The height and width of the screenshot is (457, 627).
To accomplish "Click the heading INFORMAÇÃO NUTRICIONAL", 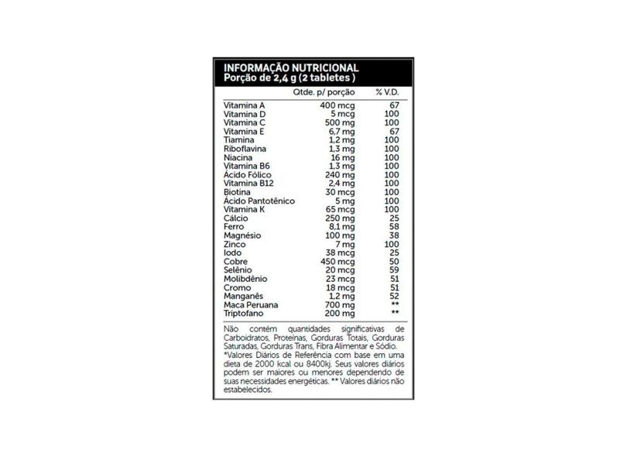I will click(290, 67).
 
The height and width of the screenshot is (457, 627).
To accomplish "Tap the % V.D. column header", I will click(386, 92).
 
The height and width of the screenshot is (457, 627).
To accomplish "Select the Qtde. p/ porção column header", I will click(324, 92).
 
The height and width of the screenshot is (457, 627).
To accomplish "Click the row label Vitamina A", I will click(243, 105).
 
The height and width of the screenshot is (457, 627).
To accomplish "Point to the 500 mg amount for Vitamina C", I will click(340, 122).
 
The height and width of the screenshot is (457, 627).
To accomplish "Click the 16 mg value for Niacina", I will click(343, 157).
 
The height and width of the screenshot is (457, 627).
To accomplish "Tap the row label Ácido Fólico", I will click(247, 175).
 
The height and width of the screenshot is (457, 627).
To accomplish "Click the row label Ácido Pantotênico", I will click(259, 201).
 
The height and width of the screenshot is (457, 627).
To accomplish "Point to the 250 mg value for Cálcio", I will click(340, 218).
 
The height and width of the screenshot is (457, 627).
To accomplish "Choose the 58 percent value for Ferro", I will click(393, 227).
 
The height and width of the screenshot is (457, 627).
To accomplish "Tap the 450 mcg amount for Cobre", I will click(337, 262).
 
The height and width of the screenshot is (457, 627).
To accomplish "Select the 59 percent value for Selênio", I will click(393, 270).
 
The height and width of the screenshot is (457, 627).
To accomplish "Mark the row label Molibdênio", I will click(245, 279).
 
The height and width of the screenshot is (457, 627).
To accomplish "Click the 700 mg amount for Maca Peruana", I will click(340, 305).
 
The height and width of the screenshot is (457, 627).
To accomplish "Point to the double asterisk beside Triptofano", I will click(395, 314).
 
